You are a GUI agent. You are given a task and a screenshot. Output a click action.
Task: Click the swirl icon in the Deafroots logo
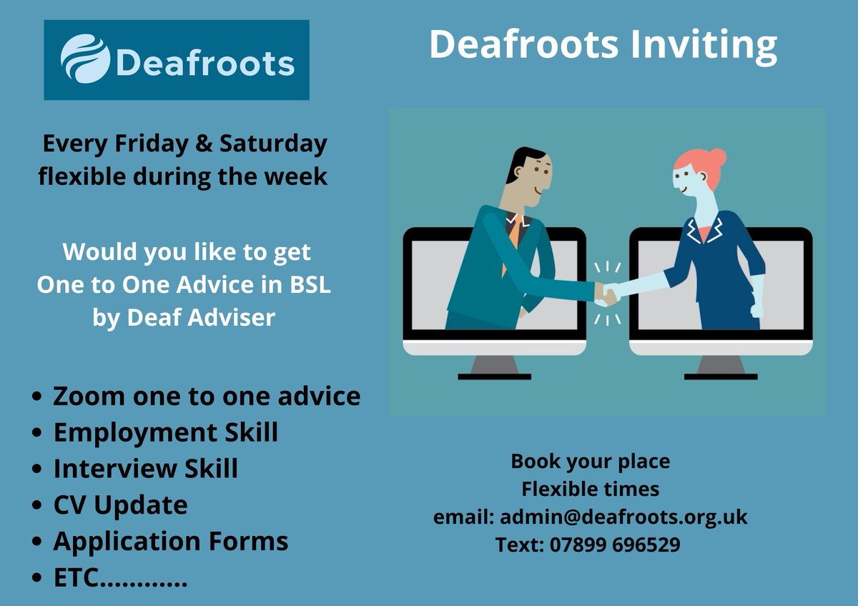tap(85, 59)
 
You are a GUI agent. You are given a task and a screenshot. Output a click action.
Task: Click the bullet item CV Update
tap(120, 505)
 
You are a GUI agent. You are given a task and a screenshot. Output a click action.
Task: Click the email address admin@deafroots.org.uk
tap(623, 516)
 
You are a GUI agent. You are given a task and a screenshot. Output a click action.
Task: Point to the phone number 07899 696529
tap(614, 545)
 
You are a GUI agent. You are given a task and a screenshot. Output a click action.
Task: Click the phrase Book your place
tap(590, 461)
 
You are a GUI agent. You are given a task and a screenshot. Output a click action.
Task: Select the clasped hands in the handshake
tap(608, 292)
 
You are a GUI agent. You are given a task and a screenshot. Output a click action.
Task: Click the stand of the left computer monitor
tap(494, 367)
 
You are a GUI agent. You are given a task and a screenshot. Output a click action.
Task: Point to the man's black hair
tap(526, 159)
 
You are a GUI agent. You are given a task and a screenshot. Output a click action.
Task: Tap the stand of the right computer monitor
tap(720, 367)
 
